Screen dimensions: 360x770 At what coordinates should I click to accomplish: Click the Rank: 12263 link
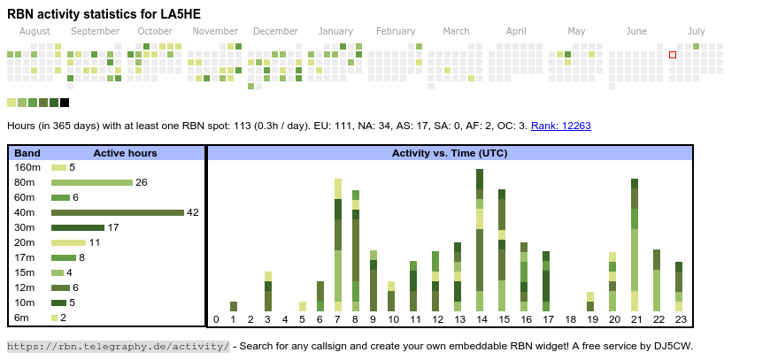click(560, 126)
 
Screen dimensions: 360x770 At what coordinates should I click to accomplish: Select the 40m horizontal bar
click(117, 212)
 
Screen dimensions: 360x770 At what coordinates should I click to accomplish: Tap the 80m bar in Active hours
click(91, 182)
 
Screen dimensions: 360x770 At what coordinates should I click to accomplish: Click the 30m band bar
click(78, 227)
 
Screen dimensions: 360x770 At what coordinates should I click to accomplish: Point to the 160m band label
click(27, 167)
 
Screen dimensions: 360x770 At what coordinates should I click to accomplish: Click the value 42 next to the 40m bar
click(193, 212)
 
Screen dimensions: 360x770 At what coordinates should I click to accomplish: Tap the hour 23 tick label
click(680, 319)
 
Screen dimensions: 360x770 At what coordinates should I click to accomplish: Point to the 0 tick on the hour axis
click(216, 319)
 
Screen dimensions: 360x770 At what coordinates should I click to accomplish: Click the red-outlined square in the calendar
click(673, 55)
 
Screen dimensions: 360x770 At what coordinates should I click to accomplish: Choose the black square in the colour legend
click(65, 103)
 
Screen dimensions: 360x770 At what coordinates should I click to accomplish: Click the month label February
click(396, 31)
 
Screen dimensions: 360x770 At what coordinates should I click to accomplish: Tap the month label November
click(215, 31)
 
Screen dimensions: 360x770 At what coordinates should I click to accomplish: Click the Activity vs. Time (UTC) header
click(449, 153)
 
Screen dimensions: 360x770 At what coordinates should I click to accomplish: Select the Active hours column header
click(125, 153)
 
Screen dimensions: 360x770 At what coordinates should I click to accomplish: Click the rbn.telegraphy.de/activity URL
click(119, 346)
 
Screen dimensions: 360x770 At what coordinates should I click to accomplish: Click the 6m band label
click(23, 318)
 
